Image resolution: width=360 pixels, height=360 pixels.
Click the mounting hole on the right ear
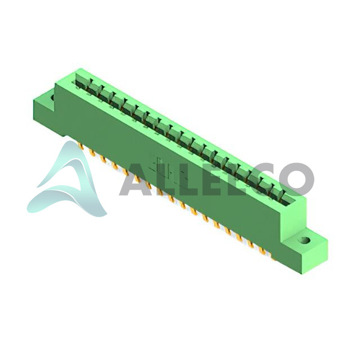(x=305, y=241)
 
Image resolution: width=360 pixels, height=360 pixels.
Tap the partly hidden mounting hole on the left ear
(x=53, y=97)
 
